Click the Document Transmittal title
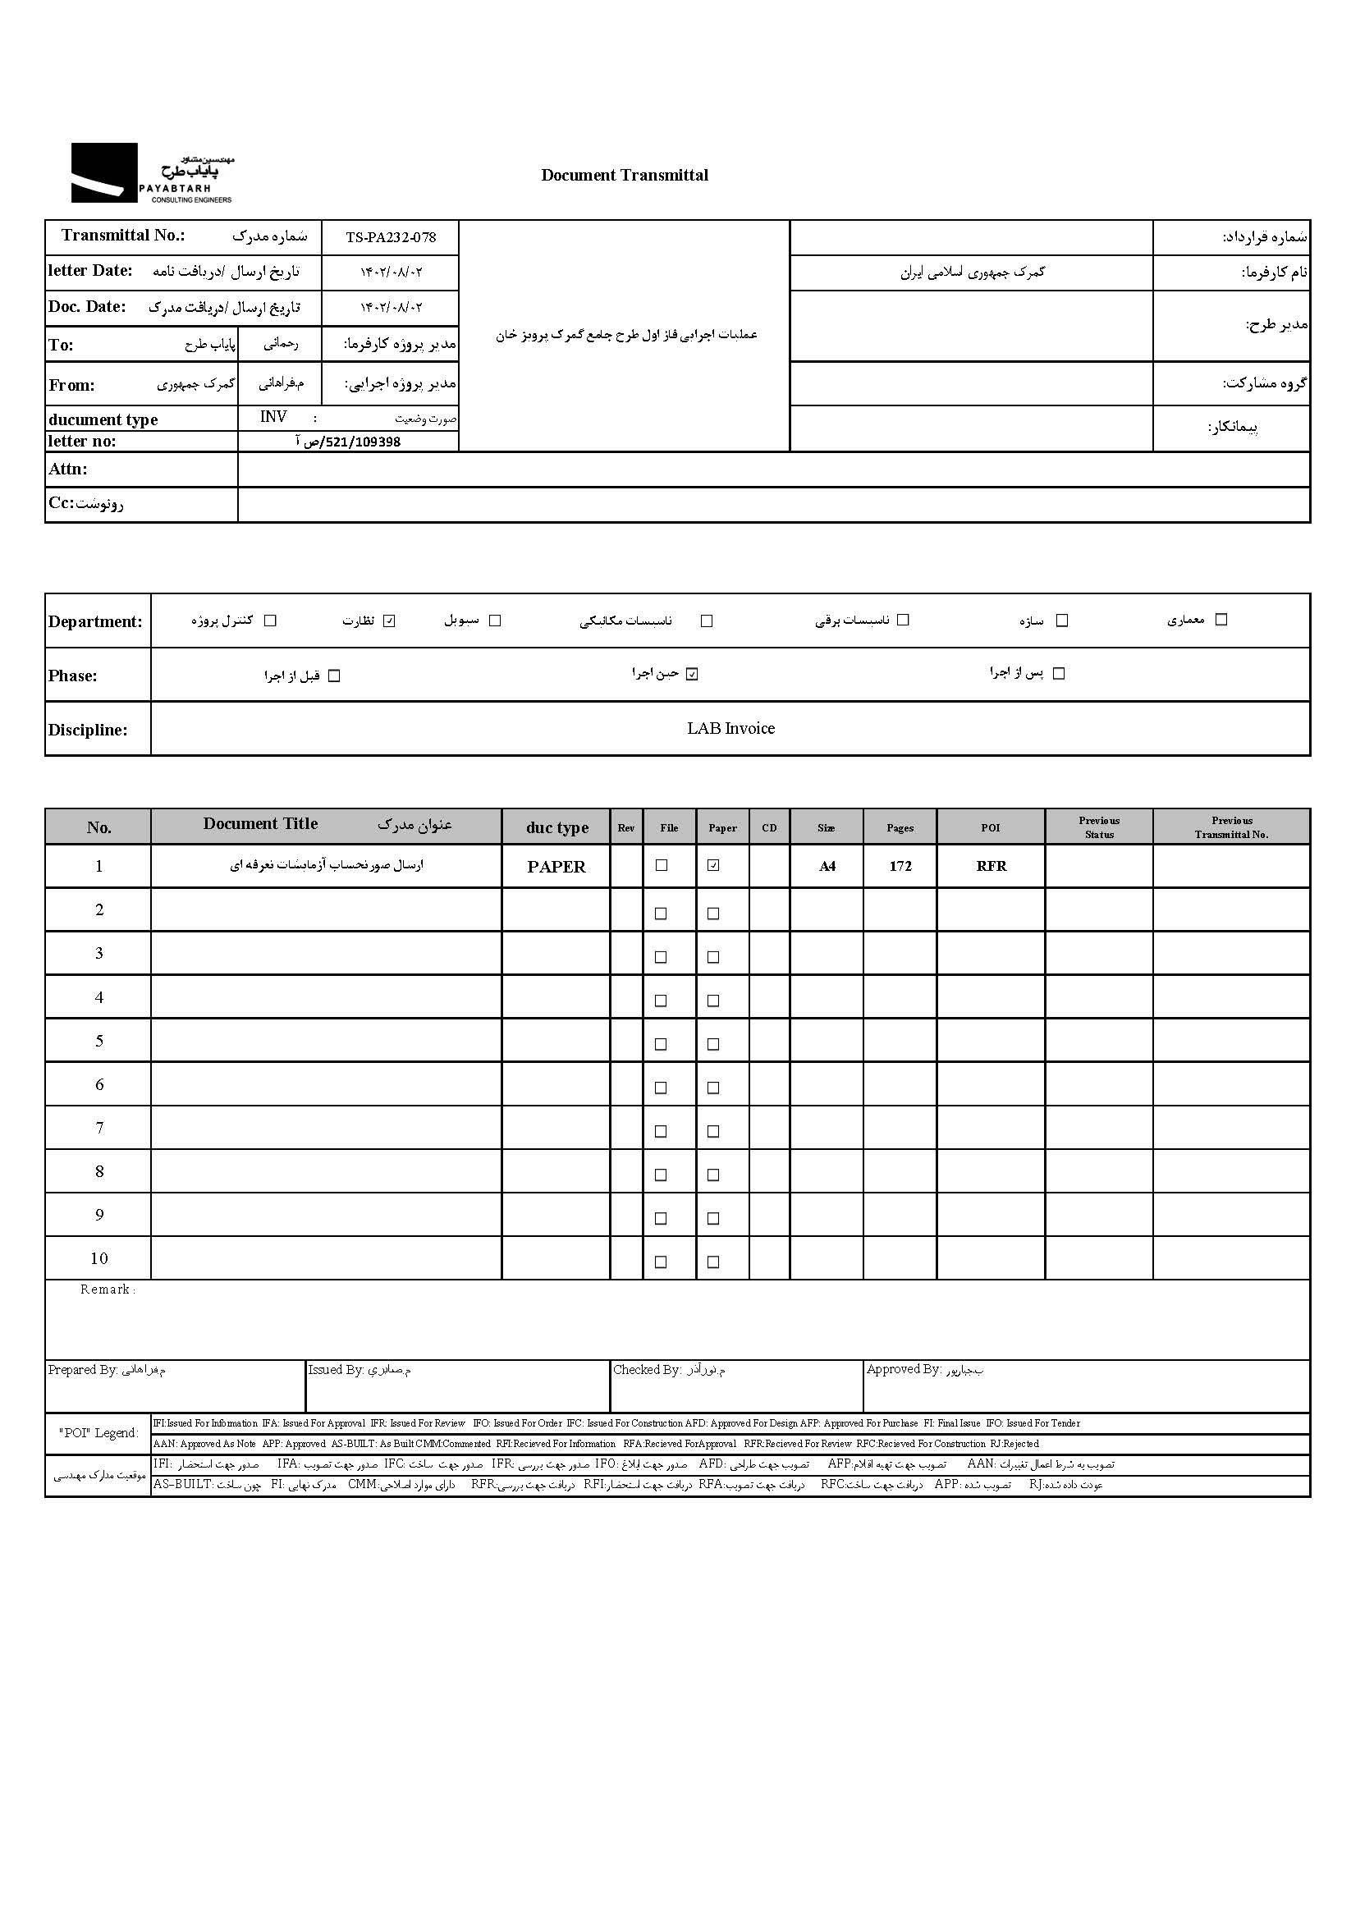(x=624, y=175)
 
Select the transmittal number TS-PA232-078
(x=390, y=237)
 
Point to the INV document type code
(x=272, y=417)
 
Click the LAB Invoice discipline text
(x=730, y=728)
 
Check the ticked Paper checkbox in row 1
(x=713, y=865)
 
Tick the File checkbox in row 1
(x=662, y=865)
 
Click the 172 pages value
(x=900, y=866)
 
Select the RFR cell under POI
(x=991, y=866)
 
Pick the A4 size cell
(x=827, y=866)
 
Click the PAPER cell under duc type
(x=556, y=867)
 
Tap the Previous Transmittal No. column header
(x=1231, y=827)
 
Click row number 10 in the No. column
(x=99, y=1258)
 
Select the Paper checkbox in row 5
(x=713, y=1044)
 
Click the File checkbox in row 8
(x=662, y=1175)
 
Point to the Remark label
(x=108, y=1289)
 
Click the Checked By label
(x=648, y=1370)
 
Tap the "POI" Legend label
(x=98, y=1432)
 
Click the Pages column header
(x=900, y=827)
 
